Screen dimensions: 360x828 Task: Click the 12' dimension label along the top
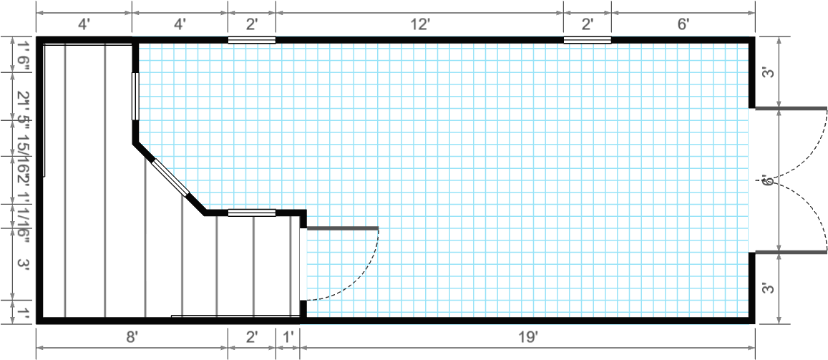pos(419,24)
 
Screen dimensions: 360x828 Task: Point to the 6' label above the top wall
pos(683,24)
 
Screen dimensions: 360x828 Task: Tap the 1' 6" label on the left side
pos(24,55)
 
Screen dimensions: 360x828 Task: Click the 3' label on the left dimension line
pos(24,264)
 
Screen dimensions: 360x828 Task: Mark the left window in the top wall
pos(251,39)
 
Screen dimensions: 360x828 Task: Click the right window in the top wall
pos(588,39)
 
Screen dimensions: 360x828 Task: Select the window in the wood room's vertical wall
pos(135,96)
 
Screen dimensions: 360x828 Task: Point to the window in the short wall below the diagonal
pos(251,212)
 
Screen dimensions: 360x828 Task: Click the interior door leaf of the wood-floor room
pos(342,228)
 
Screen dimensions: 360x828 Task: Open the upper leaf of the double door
pos(792,109)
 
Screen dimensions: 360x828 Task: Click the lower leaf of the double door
pos(792,252)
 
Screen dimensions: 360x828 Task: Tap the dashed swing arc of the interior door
pos(361,276)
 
